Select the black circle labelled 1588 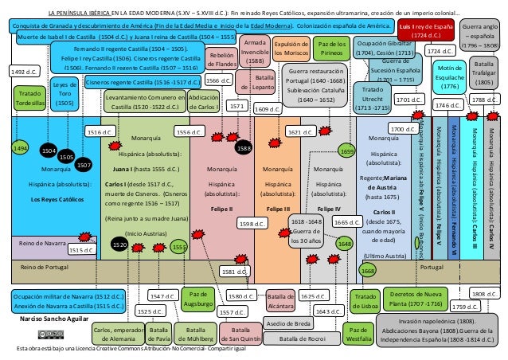[x=244, y=148]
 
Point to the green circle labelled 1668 [x=368, y=271]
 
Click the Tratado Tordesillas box [x=30, y=99]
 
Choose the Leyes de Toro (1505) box [x=64, y=92]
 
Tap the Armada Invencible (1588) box [x=254, y=50]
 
